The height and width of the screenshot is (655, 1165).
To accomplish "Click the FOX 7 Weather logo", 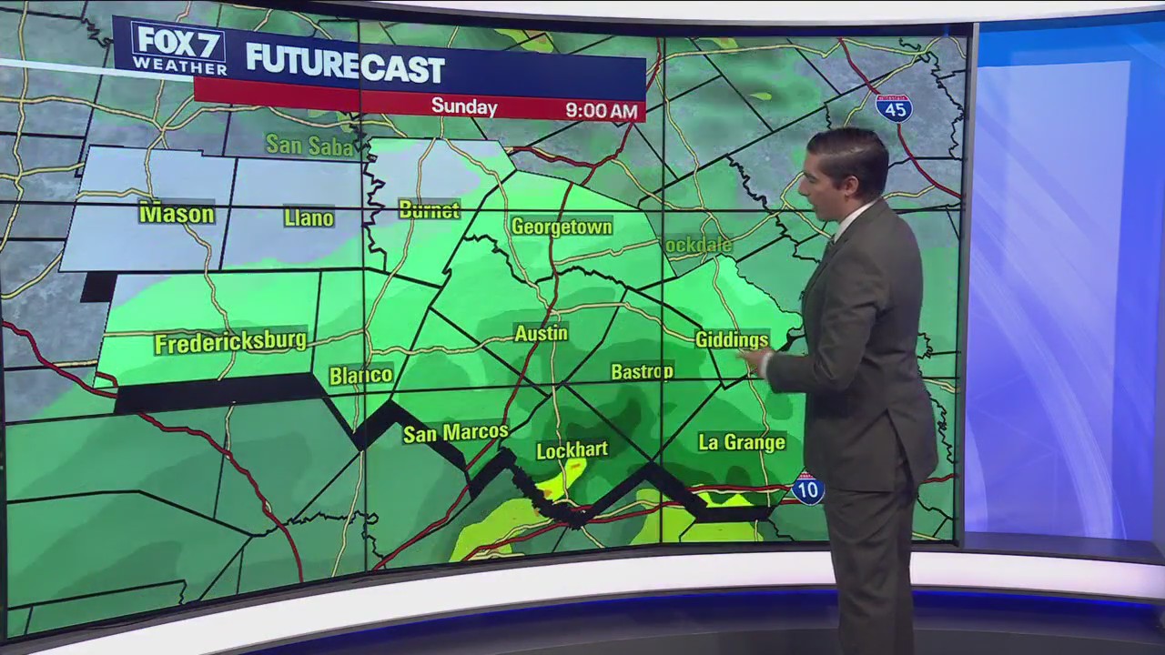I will click(x=179, y=47).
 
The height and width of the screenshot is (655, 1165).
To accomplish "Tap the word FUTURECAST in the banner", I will click(x=344, y=65).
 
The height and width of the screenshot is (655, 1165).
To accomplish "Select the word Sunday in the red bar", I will click(x=464, y=107).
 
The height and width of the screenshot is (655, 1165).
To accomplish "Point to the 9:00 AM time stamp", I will click(x=601, y=111).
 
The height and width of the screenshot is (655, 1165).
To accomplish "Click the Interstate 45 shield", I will click(x=894, y=107).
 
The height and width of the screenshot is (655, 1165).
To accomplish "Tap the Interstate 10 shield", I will click(x=806, y=489).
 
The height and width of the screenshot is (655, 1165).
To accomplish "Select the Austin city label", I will click(x=541, y=334).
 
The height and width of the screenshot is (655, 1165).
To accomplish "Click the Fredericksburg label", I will click(x=230, y=343).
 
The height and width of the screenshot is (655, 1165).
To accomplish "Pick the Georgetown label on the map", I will click(x=562, y=227).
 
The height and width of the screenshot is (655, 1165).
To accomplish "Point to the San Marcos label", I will click(x=455, y=433).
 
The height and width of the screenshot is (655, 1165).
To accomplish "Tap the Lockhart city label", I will click(x=572, y=450).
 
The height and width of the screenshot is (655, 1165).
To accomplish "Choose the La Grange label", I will click(x=741, y=443).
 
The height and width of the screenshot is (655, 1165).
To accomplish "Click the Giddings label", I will click(x=732, y=339).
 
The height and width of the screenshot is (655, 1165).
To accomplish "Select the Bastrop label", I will click(x=642, y=371).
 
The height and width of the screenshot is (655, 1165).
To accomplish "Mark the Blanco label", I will click(x=360, y=375).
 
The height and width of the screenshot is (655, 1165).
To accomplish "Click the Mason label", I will click(x=177, y=214).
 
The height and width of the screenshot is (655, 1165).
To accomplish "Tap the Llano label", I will click(x=309, y=217).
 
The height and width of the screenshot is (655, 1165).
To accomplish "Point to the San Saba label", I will click(x=309, y=145).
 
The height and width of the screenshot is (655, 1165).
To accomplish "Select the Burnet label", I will click(x=429, y=210).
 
